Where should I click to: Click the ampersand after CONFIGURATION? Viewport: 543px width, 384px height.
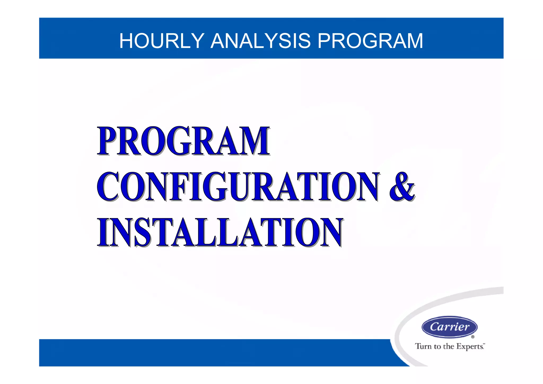pos(402,187)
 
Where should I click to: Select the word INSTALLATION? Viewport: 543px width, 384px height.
pos(220,232)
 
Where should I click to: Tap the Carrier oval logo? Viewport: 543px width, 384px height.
pos(449,327)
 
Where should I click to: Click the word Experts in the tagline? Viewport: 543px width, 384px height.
pos(470,347)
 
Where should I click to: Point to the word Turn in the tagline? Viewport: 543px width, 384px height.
pos(423,346)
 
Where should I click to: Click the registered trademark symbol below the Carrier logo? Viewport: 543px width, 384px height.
pos(473,337)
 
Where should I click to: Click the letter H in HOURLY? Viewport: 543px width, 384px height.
pos(127,41)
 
